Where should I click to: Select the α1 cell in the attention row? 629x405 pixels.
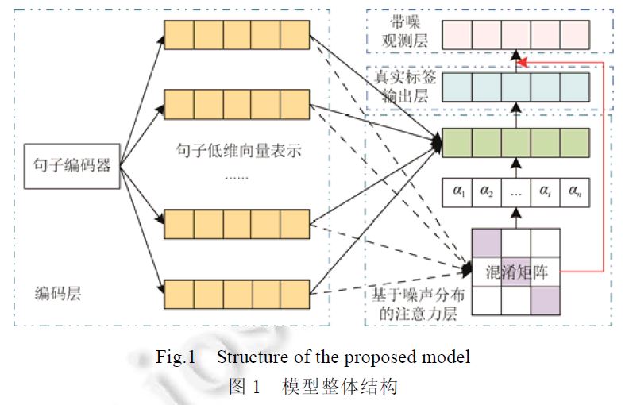[x=457, y=191]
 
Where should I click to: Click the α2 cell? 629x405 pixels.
[x=487, y=191]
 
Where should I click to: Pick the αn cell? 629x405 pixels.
[x=575, y=191]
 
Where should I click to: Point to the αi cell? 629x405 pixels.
[x=546, y=191]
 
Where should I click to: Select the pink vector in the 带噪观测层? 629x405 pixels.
[x=516, y=34]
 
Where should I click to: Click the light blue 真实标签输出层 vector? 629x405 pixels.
[x=516, y=86]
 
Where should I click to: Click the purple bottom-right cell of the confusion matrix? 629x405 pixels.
[x=546, y=300]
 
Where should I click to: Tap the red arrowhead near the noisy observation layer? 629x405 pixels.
[x=520, y=61]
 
